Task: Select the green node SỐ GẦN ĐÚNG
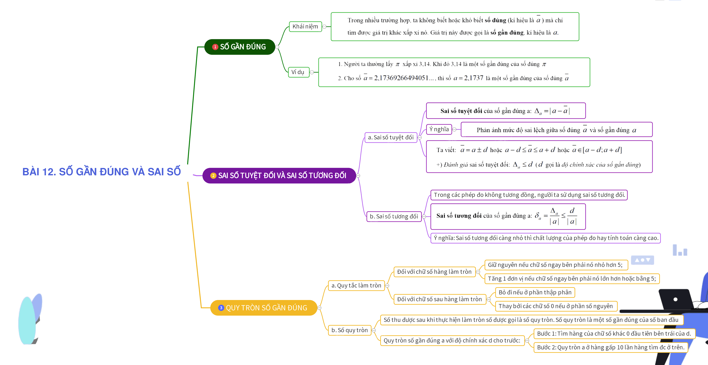pyautogui.click(x=240, y=47)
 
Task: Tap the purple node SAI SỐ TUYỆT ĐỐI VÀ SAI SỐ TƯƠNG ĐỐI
pyautogui.click(x=279, y=175)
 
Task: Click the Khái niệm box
pyautogui.click(x=305, y=27)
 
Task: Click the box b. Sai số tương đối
pyautogui.click(x=394, y=216)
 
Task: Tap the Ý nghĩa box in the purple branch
pyautogui.click(x=439, y=129)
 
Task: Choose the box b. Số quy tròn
pyautogui.click(x=350, y=330)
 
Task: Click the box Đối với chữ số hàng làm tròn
pyautogui.click(x=434, y=272)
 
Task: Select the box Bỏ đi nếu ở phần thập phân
pyautogui.click(x=535, y=292)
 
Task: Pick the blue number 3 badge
pyautogui.click(x=221, y=308)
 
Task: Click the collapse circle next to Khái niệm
pyautogui.click(x=324, y=27)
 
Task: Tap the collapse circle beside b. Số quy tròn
pyautogui.click(x=374, y=330)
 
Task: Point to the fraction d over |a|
pyautogui.click(x=572, y=216)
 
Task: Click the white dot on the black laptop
pyautogui.click(x=676, y=299)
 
